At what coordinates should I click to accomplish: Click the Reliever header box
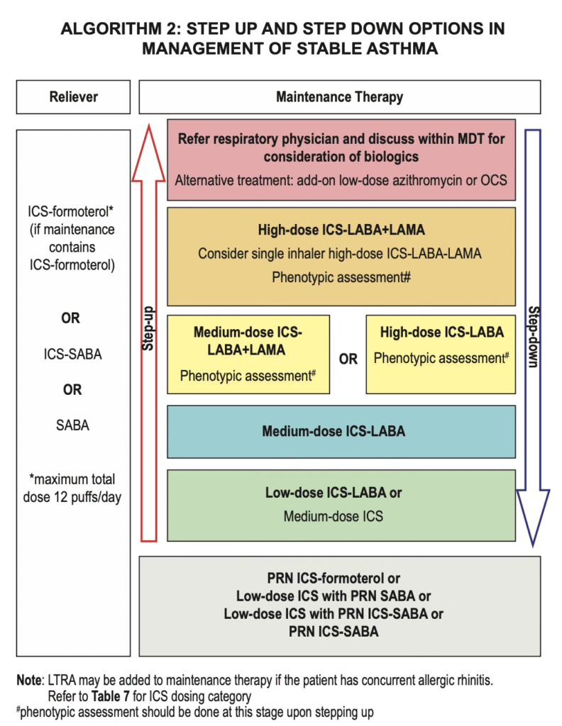click(x=73, y=97)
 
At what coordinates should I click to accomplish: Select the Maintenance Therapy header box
click(x=339, y=97)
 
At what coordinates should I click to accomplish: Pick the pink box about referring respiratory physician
click(x=341, y=160)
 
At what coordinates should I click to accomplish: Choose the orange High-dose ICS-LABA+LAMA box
click(x=341, y=255)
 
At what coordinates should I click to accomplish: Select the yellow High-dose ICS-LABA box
click(x=441, y=353)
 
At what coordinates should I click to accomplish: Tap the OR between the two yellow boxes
click(x=348, y=359)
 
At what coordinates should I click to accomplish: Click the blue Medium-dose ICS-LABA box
click(x=341, y=431)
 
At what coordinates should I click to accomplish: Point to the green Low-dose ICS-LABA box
click(x=341, y=504)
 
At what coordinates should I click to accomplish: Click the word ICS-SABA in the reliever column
click(x=72, y=354)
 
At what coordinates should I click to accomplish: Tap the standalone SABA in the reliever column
click(x=72, y=425)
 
